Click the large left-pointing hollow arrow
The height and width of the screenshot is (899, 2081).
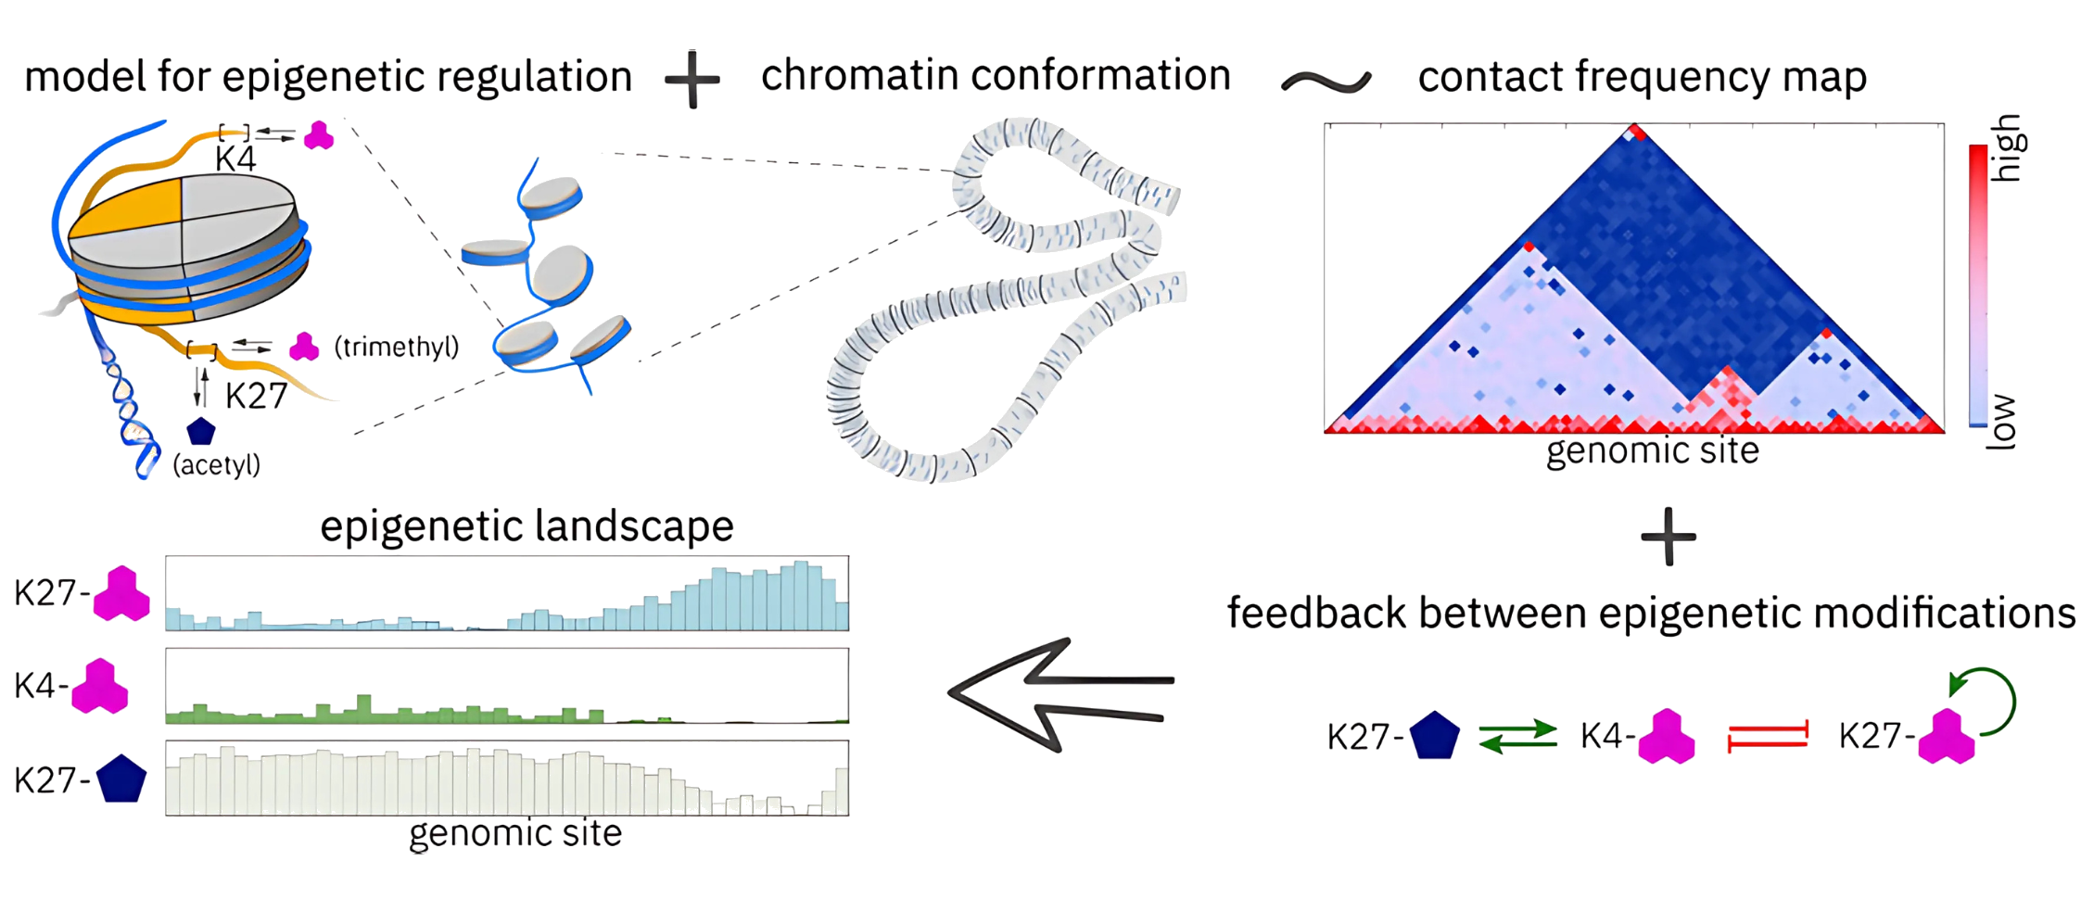[x=1057, y=693]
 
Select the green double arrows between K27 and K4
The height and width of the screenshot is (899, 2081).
[x=1517, y=736]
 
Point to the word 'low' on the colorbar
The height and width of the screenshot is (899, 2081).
[x=2002, y=422]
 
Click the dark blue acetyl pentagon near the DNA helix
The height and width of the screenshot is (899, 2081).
[x=201, y=431]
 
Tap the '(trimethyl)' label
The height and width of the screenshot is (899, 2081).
[x=397, y=348]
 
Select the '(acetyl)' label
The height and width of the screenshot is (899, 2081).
[x=217, y=464]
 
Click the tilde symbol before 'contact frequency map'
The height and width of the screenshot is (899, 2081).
[x=1326, y=82]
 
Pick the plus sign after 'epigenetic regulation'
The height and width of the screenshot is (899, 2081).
[x=692, y=80]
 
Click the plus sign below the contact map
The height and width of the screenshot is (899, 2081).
[x=1669, y=537]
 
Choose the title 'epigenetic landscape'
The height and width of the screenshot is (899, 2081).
[x=527, y=526]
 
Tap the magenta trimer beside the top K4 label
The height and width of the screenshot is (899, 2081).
[x=319, y=135]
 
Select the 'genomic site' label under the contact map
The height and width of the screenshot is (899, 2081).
[x=1653, y=451]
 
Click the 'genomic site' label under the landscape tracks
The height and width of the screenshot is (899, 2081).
[x=515, y=833]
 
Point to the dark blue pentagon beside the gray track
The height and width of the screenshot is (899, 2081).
[x=121, y=779]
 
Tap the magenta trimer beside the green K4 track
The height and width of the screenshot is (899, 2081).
[x=99, y=686]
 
